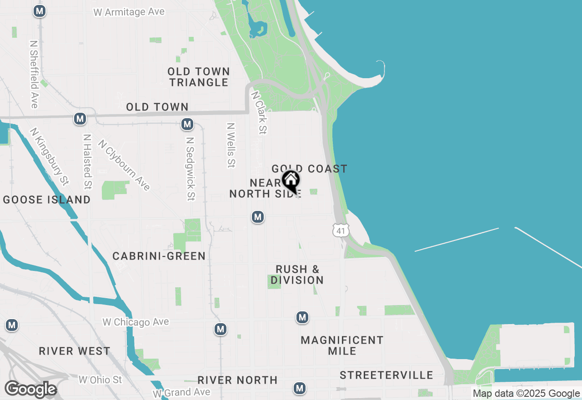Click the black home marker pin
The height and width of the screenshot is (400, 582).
(x=291, y=181)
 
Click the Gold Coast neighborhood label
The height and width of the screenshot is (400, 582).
(x=310, y=169)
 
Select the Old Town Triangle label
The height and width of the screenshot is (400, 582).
(x=199, y=77)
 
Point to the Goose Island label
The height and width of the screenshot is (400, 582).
(x=47, y=200)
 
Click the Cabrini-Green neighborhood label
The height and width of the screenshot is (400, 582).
(x=159, y=256)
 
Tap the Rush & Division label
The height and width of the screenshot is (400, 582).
(x=297, y=275)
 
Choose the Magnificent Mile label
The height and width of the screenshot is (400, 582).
(x=342, y=345)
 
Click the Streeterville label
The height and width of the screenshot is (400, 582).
(x=386, y=375)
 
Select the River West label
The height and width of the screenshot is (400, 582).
(x=75, y=351)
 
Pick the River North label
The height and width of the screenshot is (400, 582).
(x=237, y=380)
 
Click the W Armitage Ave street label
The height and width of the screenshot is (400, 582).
(x=129, y=12)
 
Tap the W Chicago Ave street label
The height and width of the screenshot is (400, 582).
(x=135, y=322)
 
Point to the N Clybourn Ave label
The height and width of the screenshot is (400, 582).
(x=124, y=165)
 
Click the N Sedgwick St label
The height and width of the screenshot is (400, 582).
(x=191, y=169)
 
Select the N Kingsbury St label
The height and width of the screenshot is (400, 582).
(x=50, y=157)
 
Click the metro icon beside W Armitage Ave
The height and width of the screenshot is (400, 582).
(x=40, y=11)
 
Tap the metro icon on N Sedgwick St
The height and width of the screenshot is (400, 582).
(x=187, y=124)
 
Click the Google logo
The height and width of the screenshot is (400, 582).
(x=30, y=389)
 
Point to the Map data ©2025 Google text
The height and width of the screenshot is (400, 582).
(x=526, y=394)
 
